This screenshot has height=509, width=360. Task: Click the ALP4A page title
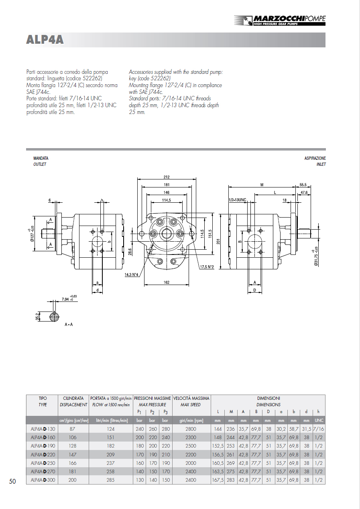[45, 40]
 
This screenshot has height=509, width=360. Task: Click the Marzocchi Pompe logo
[280, 20]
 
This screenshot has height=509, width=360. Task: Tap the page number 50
[12, 481]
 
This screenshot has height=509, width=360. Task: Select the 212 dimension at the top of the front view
[167, 177]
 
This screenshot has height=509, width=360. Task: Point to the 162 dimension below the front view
[167, 282]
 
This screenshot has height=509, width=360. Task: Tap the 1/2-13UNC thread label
[237, 200]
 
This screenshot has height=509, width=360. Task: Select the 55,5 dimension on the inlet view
[303, 185]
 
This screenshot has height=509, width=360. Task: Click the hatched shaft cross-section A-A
[54, 316]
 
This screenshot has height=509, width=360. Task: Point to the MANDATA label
[41, 159]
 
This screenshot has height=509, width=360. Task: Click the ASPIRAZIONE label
[315, 159]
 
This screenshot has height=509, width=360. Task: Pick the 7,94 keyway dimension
[66, 299]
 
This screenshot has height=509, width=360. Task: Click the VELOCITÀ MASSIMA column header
[191, 398]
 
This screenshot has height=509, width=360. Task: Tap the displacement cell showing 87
[72, 429]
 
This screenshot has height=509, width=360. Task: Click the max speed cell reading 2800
[191, 429]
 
